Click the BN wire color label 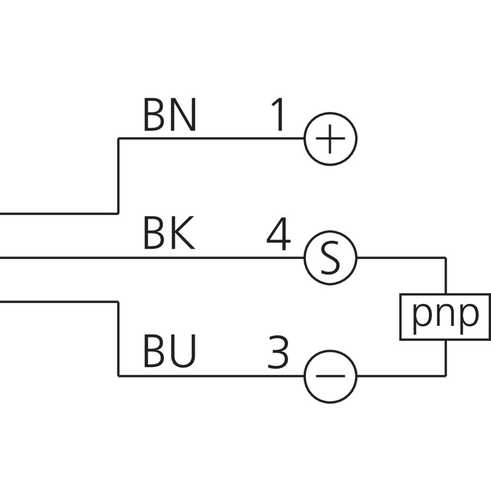(170, 115)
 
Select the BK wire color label (169, 233)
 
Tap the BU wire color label (170, 351)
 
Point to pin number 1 (278, 115)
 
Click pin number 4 (278, 233)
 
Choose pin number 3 (278, 352)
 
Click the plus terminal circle (331, 113)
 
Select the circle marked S (331, 232)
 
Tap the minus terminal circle (331, 350)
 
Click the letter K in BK (183, 233)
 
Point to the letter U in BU (183, 351)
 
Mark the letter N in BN (183, 115)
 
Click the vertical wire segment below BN (118, 176)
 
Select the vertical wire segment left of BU (118, 338)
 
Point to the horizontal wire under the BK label (152, 258)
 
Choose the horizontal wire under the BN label (211, 138)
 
